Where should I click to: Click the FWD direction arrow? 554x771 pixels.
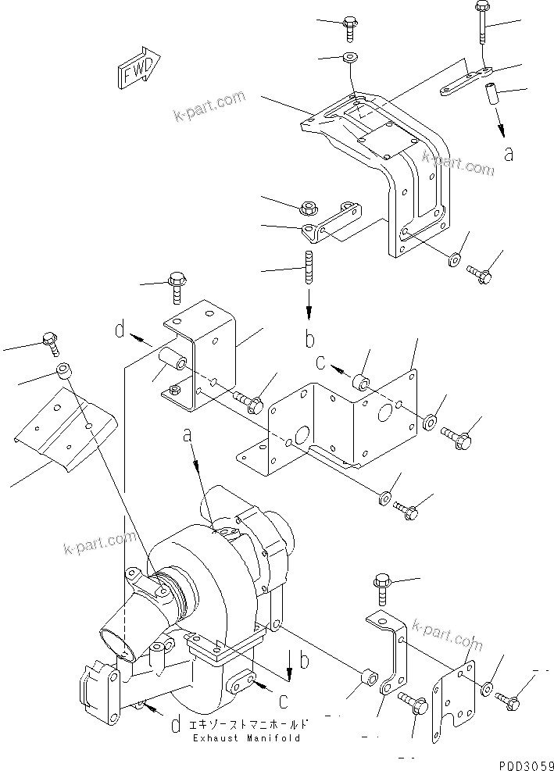click(138, 70)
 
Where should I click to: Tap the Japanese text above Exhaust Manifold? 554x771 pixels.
click(245, 723)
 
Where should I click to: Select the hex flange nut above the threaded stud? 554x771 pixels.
click(308, 207)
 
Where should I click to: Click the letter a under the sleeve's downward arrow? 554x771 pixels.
click(509, 154)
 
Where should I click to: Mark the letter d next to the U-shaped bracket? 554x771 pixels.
click(120, 331)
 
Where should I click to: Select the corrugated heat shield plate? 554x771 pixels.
click(66, 434)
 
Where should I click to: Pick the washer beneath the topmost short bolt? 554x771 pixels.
click(347, 59)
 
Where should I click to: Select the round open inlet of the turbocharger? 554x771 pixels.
click(114, 641)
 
